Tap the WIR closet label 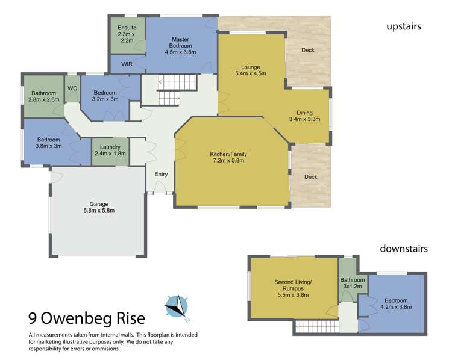click(127, 64)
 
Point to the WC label click(72, 88)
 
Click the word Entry click(161, 175)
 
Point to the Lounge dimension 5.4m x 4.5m click(250, 73)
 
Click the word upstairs click(403, 26)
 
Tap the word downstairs click(403, 248)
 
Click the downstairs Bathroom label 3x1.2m click(353, 284)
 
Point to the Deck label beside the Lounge click(309, 49)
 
